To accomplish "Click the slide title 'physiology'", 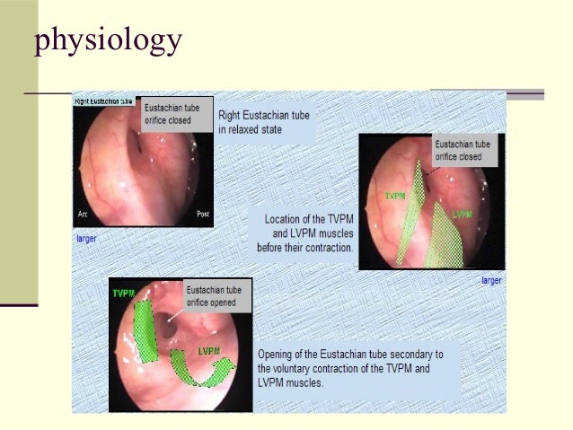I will click(108, 40).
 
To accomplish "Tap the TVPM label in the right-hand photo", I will click(396, 195).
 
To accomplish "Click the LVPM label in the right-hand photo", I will click(463, 215).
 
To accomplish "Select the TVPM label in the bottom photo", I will click(123, 294).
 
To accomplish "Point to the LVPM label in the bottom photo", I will click(209, 350).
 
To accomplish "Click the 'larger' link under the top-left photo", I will click(85, 239).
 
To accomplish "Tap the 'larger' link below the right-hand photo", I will click(491, 280).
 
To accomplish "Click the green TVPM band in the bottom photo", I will click(143, 328).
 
